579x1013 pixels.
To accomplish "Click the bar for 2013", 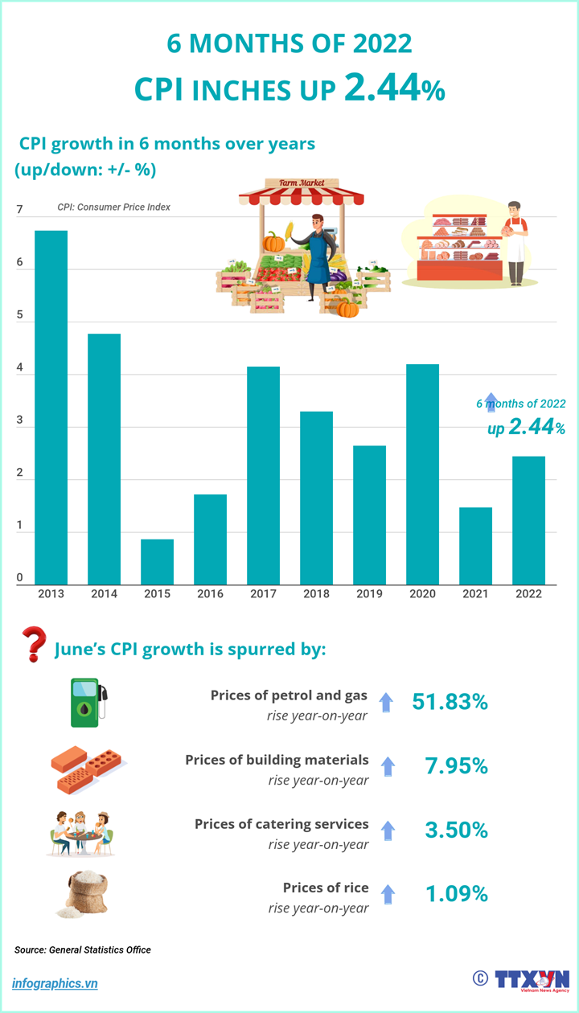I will (x=51, y=407).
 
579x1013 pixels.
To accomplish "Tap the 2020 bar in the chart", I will (x=422, y=474).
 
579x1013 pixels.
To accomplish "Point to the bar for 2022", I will (x=528, y=520).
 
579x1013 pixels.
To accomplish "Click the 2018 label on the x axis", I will (x=316, y=594).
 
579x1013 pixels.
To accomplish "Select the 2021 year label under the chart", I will (x=475, y=594).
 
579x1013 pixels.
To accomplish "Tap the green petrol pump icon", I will (x=88, y=703).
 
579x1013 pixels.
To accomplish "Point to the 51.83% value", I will (x=450, y=702).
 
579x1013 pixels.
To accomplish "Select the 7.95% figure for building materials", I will (x=456, y=766).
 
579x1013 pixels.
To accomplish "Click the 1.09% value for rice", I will (x=456, y=894).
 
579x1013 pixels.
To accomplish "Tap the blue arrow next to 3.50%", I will (x=388, y=830).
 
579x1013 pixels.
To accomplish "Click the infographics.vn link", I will (x=55, y=983).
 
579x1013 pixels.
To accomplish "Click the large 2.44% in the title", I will (x=394, y=89).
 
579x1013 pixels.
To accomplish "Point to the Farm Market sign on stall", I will (x=302, y=183).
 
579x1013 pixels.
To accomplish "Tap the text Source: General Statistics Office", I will (x=83, y=949).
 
